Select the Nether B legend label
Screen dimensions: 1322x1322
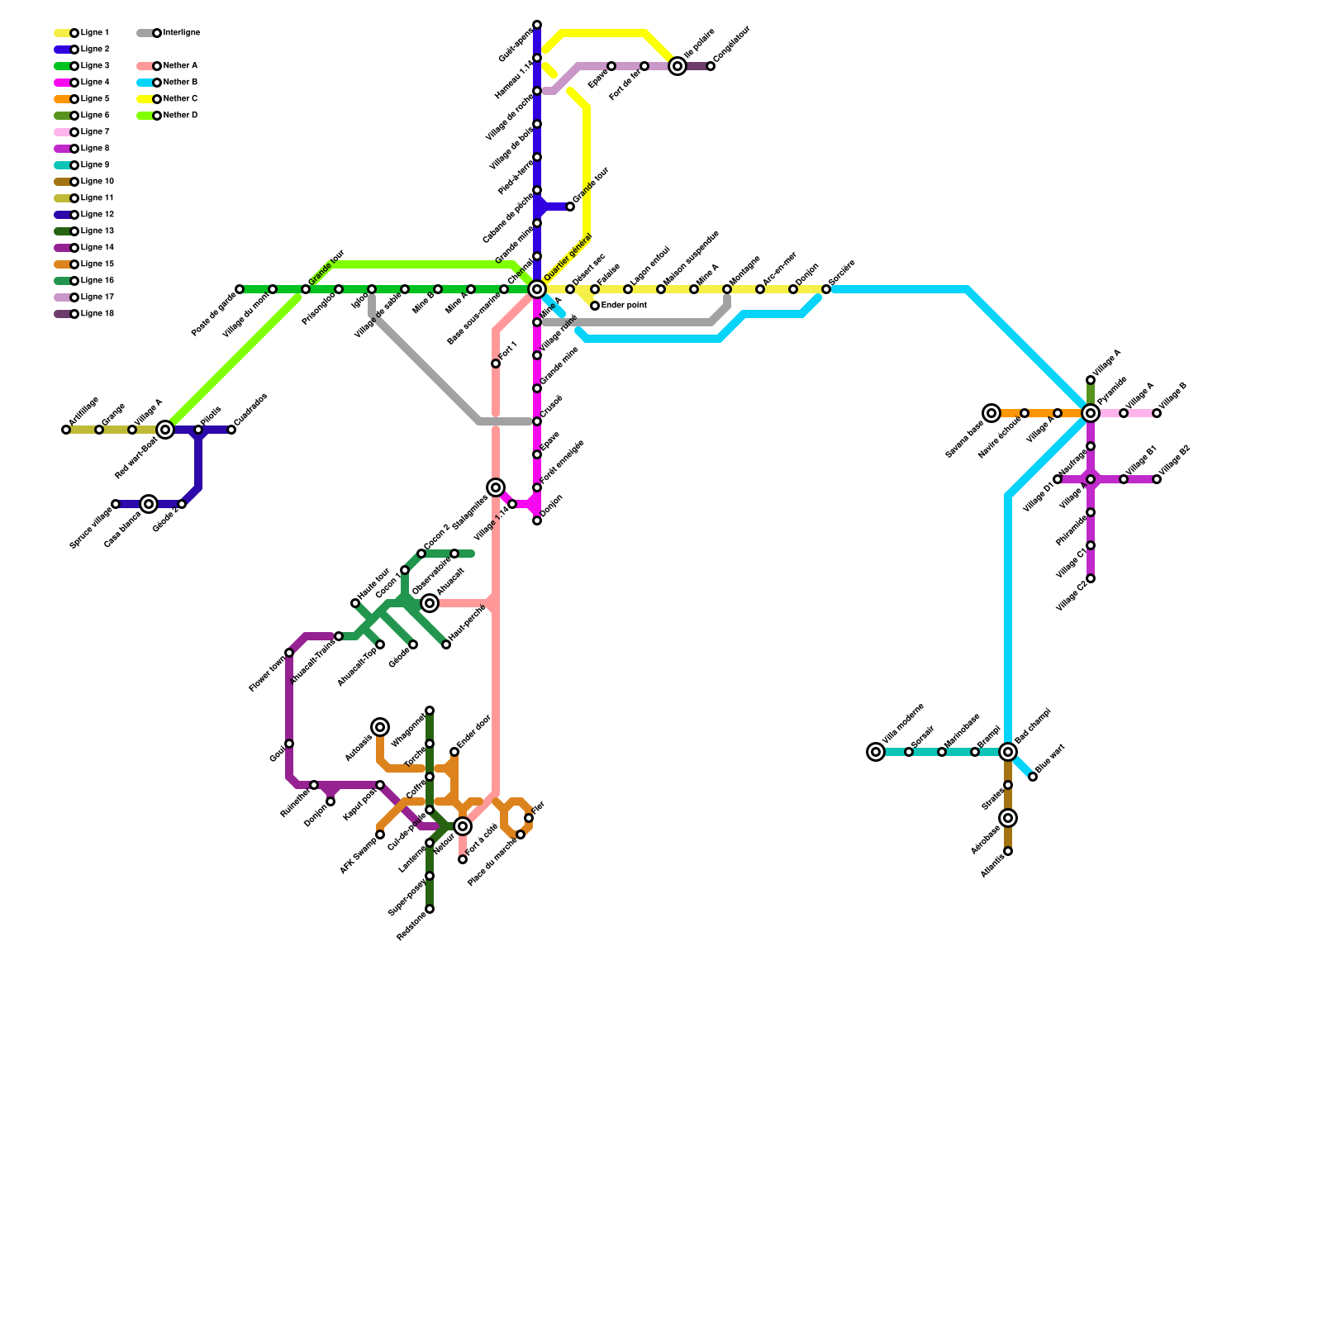180,83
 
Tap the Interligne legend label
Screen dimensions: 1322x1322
181,33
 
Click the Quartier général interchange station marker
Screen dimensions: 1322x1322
537,289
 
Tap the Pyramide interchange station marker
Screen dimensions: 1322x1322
1091,413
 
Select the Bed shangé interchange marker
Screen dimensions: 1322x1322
1008,752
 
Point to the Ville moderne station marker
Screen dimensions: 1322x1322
876,752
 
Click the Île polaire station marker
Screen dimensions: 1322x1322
678,66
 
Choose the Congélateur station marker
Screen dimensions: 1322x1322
711,66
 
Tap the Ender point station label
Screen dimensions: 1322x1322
624,306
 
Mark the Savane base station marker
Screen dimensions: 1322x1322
991,413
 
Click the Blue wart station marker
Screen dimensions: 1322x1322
1033,777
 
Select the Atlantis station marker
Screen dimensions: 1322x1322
1008,851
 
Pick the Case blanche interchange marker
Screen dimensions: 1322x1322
149,504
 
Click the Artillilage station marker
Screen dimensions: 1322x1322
66,430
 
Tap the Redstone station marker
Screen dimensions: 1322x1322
430,909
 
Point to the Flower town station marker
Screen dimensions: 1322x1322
289,653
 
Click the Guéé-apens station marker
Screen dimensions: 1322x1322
537,25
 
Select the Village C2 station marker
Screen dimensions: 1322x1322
1091,578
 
